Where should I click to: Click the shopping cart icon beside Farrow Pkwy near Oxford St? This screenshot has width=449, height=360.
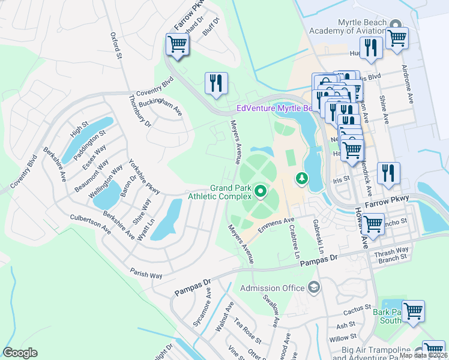tap(177, 45)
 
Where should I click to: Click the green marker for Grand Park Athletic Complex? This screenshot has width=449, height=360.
tap(261, 191)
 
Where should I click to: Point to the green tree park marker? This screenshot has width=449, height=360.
tap(301, 178)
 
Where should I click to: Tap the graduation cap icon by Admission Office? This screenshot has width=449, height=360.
tap(313, 288)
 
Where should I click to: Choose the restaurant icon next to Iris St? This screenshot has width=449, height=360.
tap(388, 172)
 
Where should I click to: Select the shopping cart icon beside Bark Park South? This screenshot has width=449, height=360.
tap(413, 311)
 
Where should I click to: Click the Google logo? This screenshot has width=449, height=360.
tap(20, 353)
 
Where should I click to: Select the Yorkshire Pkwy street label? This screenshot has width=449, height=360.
tap(144, 176)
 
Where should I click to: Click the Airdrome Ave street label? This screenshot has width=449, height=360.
tap(411, 88)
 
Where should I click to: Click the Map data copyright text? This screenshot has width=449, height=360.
tap(423, 355)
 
